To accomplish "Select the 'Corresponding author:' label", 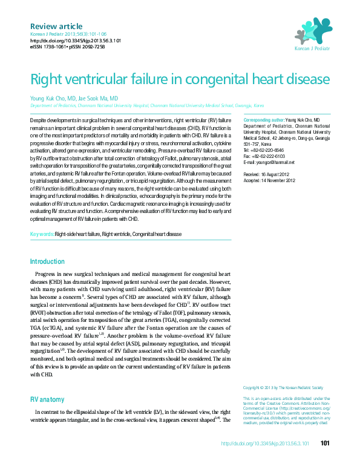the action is [x=263, y=120].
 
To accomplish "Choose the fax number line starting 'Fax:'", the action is [x=263, y=156].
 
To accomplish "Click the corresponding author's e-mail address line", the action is [x=269, y=162].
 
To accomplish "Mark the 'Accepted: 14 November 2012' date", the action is [x=270, y=180].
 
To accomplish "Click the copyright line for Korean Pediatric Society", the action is [x=283, y=387].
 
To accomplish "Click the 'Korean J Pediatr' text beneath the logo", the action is [x=312, y=48].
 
